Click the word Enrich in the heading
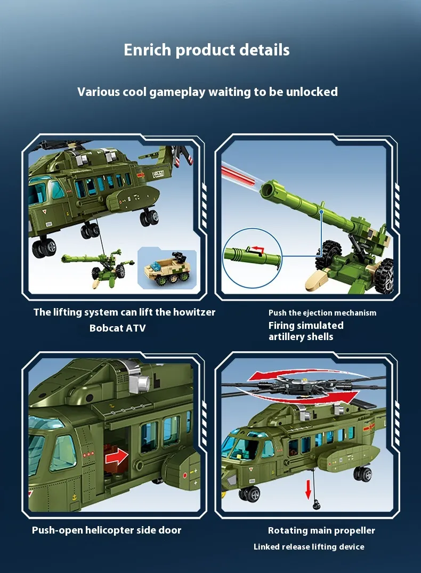tap(147, 50)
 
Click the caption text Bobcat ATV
tap(118, 328)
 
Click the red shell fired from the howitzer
tap(237, 174)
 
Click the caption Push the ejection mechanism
tap(322, 313)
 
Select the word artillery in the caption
tap(286, 336)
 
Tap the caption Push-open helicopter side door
tap(107, 530)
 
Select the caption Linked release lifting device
tap(309, 547)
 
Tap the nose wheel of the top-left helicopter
tap(44, 248)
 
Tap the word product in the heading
tap(205, 50)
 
